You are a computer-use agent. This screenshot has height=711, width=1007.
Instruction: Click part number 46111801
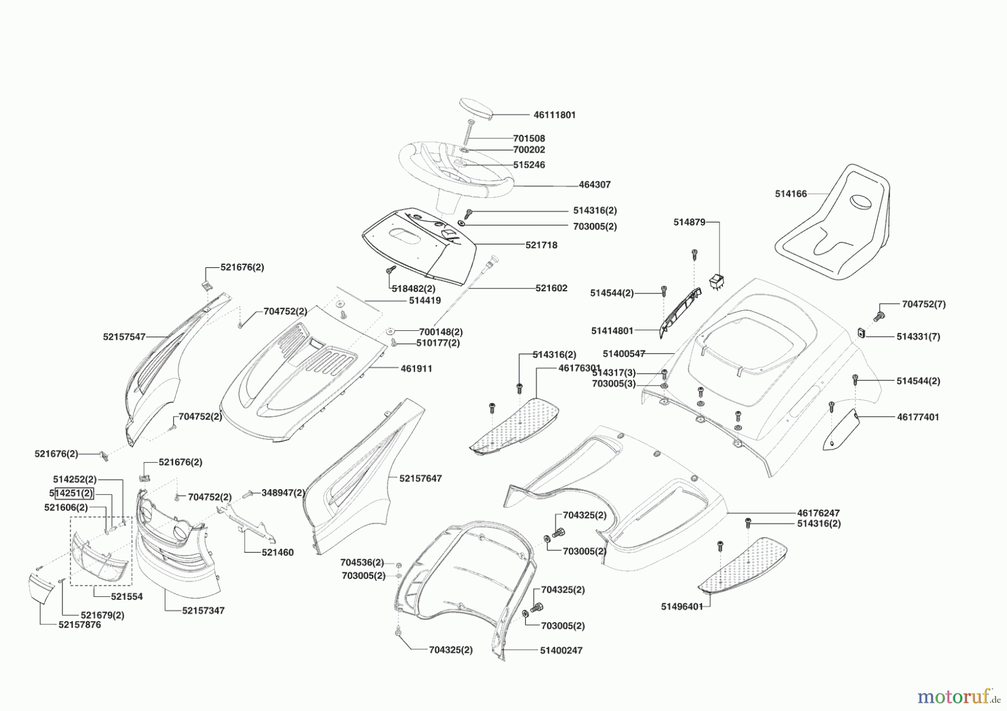click(554, 115)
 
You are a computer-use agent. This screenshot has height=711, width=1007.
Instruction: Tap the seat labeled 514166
click(834, 224)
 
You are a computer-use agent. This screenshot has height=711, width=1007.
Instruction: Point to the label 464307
click(595, 184)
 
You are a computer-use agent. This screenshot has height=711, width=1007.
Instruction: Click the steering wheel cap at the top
click(476, 108)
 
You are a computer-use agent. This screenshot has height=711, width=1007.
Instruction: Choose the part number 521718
click(541, 245)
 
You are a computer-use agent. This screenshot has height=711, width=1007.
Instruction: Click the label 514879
click(689, 222)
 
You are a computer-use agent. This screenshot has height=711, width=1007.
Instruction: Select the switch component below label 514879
click(717, 282)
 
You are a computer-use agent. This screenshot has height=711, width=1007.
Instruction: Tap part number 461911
click(416, 369)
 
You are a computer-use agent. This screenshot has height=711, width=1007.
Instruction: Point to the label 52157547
click(124, 337)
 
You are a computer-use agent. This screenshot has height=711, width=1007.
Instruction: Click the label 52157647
click(420, 478)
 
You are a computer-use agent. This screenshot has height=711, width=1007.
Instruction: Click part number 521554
click(126, 597)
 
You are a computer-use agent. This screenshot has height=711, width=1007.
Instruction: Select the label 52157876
click(79, 625)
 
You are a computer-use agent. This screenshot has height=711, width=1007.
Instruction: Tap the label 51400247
click(561, 651)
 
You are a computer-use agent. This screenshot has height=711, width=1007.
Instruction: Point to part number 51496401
click(681, 606)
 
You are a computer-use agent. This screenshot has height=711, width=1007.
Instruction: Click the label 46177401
click(918, 417)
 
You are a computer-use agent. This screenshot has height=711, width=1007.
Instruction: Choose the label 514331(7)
click(918, 336)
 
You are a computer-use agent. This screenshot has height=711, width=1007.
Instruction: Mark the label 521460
click(277, 553)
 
